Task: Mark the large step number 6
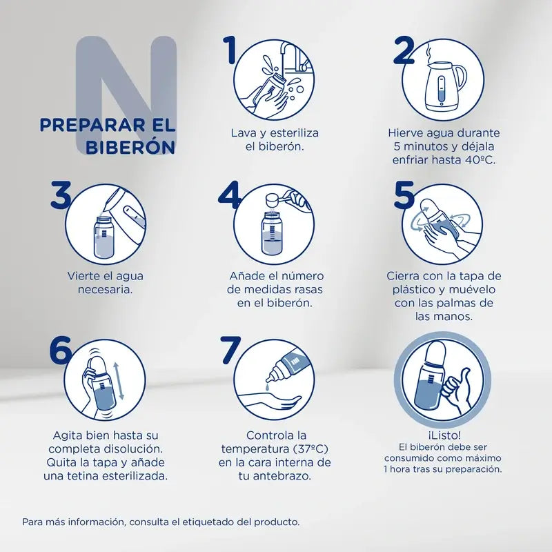point(61,351)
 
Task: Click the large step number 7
point(230,351)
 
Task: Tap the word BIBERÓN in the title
point(130,148)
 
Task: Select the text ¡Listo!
point(444,435)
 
